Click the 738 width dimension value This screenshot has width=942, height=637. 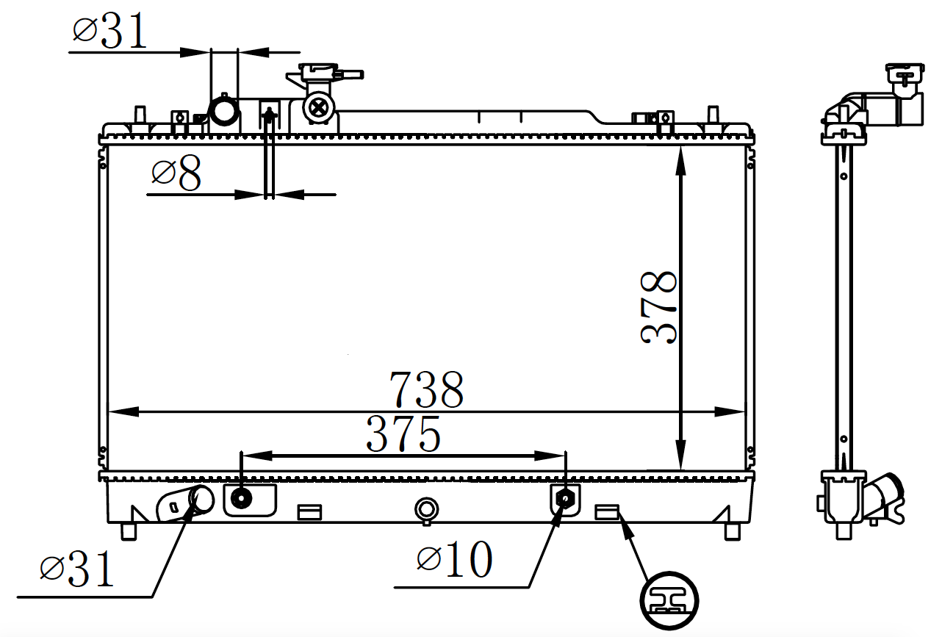(x=426, y=390)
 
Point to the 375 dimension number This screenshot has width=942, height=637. (x=403, y=434)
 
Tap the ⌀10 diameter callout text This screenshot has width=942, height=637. (x=455, y=559)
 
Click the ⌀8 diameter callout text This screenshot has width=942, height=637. (x=176, y=173)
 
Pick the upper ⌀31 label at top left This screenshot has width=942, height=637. (x=109, y=30)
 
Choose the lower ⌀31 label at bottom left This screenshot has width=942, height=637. (x=76, y=569)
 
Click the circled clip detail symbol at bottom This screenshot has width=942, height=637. (x=669, y=601)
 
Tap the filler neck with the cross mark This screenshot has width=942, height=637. (x=318, y=108)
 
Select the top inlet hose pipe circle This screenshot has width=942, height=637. (x=224, y=110)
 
